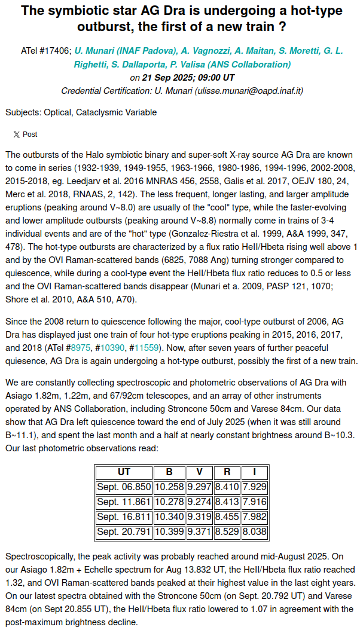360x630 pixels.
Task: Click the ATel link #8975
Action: click(x=80, y=347)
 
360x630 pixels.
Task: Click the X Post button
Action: click(x=25, y=134)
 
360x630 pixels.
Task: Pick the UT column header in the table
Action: click(x=124, y=472)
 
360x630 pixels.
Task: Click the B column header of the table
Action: click(x=169, y=472)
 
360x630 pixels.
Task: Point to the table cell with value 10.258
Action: click(x=169, y=487)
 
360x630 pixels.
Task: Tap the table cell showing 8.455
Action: click(x=227, y=517)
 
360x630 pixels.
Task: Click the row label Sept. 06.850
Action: click(x=124, y=487)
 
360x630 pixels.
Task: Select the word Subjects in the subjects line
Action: click(x=23, y=112)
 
